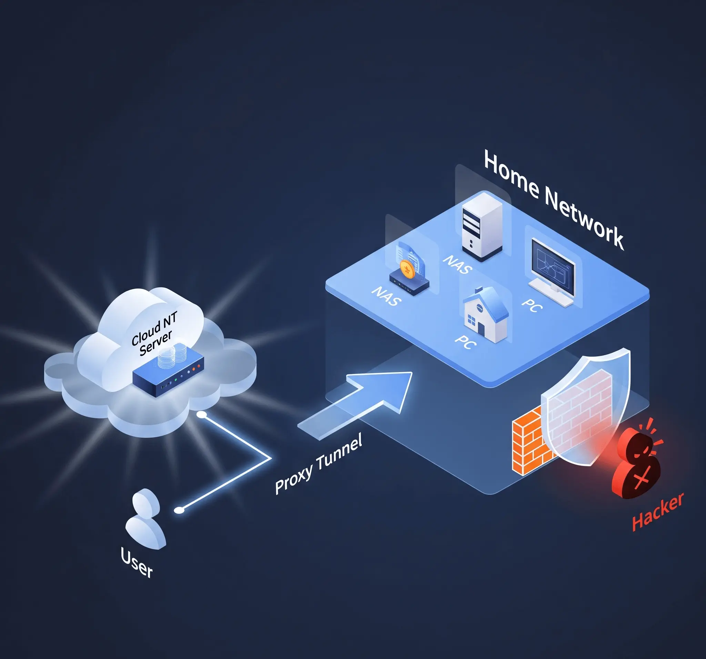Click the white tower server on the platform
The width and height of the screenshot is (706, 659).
(482, 227)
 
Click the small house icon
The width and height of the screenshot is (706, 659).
(485, 314)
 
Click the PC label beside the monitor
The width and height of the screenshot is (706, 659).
(532, 305)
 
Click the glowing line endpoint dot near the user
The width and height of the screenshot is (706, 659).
(179, 510)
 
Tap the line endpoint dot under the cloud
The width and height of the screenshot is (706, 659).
(201, 415)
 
